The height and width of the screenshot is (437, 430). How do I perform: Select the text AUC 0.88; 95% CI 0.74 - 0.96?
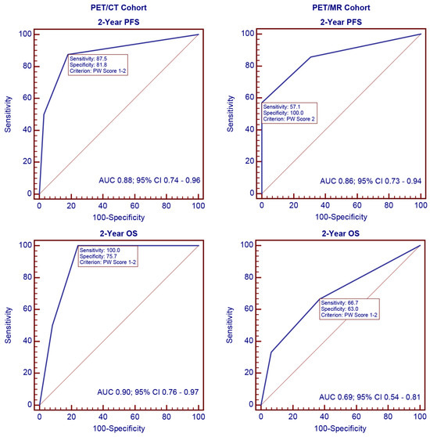[149, 179]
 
